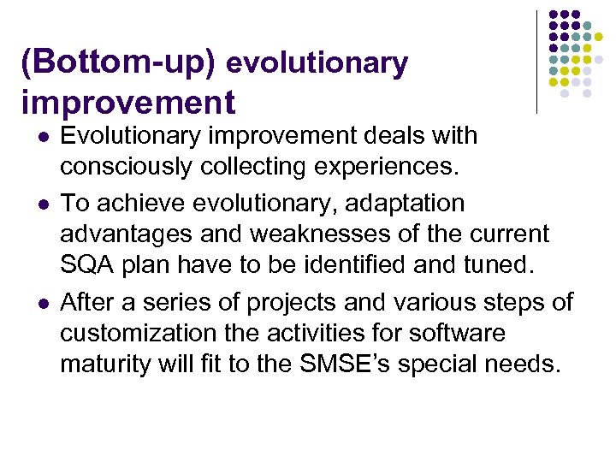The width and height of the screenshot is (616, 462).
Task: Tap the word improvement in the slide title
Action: [128, 103]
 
